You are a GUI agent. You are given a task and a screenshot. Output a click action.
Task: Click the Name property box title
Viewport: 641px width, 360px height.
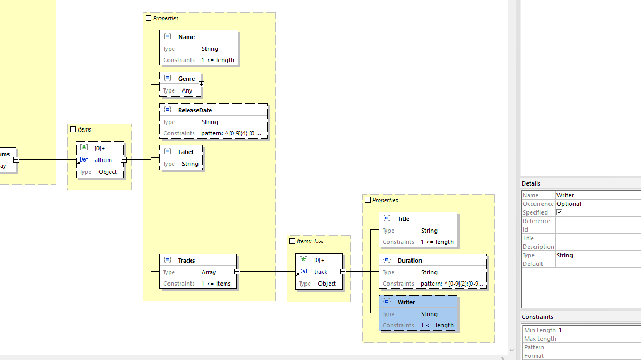tap(186, 37)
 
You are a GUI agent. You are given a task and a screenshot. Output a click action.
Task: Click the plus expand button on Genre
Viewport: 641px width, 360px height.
tap(201, 84)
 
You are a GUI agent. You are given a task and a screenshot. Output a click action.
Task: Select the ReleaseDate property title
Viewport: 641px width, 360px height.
tap(195, 110)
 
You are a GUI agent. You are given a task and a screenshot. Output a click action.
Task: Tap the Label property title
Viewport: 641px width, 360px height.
tap(185, 152)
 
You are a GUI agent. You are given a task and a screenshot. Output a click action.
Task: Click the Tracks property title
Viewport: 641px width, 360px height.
tap(186, 261)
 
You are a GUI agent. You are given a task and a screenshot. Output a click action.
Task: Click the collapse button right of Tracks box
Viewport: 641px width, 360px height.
tap(237, 272)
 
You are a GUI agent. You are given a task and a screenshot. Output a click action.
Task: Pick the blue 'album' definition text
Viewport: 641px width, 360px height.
tap(103, 160)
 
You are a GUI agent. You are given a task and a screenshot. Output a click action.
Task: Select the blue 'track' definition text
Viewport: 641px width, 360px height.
tap(320, 272)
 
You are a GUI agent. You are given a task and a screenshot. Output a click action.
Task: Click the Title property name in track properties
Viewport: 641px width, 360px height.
tap(403, 219)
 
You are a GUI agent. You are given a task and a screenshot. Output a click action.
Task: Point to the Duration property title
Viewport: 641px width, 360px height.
tap(409, 261)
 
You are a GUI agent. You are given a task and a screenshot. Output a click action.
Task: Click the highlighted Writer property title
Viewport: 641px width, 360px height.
tap(406, 302)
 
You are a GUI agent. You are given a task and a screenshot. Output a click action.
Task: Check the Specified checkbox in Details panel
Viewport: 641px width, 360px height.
tap(560, 212)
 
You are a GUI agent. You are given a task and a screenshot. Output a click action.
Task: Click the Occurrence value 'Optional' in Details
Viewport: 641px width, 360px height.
tap(568, 204)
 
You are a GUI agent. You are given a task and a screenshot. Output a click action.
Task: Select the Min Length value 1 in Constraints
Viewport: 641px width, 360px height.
tap(560, 330)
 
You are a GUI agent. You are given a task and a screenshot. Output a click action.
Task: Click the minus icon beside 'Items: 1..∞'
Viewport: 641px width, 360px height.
tap(292, 241)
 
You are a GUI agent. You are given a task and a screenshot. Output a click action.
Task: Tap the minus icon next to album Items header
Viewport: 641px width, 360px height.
tap(73, 129)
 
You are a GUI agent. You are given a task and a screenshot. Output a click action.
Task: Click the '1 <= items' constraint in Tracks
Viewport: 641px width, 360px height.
tap(216, 284)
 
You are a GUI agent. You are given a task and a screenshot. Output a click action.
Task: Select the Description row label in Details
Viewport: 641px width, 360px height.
tap(538, 247)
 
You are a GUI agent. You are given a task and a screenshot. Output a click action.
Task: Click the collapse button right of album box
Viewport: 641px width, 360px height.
tap(124, 159)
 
